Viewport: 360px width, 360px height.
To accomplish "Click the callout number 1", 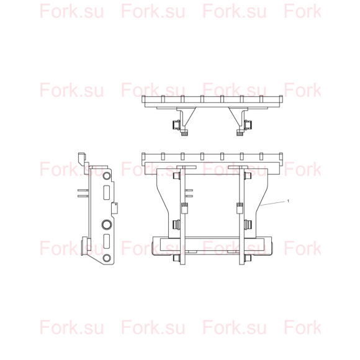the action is click(288, 201).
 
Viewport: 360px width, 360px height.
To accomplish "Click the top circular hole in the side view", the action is click(107, 176).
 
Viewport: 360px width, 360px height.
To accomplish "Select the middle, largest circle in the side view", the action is click(107, 224).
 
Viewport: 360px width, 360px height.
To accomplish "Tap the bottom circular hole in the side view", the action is click(107, 258).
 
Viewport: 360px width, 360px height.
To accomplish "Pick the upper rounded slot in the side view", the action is click(106, 192).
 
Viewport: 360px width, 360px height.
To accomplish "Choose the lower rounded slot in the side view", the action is click(106, 241).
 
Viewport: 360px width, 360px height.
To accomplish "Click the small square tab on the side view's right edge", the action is click(115, 208).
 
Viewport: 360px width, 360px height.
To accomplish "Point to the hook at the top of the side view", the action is click(82, 159).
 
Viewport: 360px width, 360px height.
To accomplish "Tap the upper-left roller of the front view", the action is click(176, 176).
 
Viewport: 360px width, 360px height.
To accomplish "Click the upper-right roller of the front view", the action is click(248, 176).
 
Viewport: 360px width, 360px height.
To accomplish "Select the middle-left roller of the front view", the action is click(176, 224).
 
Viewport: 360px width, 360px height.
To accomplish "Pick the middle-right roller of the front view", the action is click(248, 224).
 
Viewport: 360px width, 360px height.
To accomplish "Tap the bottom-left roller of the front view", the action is click(176, 258).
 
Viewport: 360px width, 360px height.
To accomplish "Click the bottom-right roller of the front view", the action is click(248, 258).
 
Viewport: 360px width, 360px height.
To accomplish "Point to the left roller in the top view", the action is click(176, 125).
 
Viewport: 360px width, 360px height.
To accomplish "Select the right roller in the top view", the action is click(248, 125).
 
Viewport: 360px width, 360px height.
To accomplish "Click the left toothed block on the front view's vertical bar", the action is click(184, 208).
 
